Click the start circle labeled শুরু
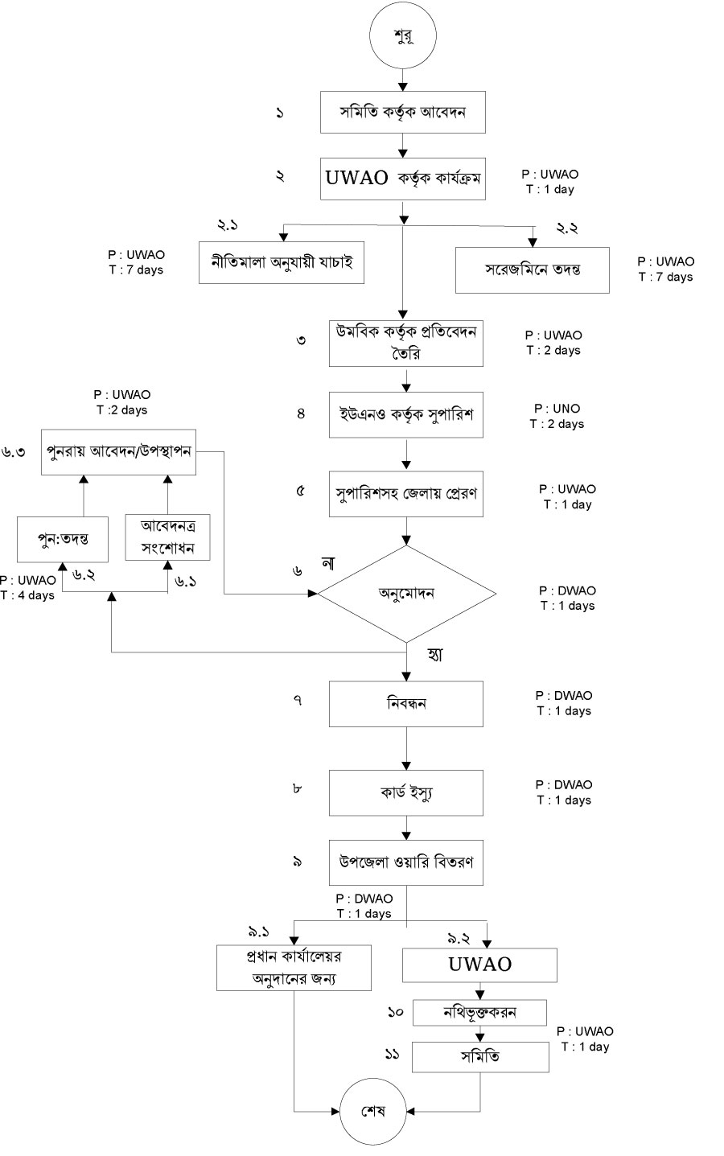click(x=404, y=36)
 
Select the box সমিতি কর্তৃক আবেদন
click(x=403, y=112)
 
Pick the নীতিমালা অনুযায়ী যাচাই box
click(x=282, y=261)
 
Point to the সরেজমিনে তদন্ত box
click(x=532, y=269)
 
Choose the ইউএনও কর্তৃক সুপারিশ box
click(x=406, y=415)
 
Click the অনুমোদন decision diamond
click(x=407, y=594)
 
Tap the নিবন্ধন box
click(x=406, y=704)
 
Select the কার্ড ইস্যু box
click(x=406, y=793)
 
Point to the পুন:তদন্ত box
click(x=63, y=539)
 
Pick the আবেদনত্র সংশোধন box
click(x=167, y=537)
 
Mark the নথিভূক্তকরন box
click(x=480, y=1013)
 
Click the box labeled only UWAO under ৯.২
click(x=480, y=965)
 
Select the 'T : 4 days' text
click(x=27, y=595)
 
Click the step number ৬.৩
click(x=14, y=452)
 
